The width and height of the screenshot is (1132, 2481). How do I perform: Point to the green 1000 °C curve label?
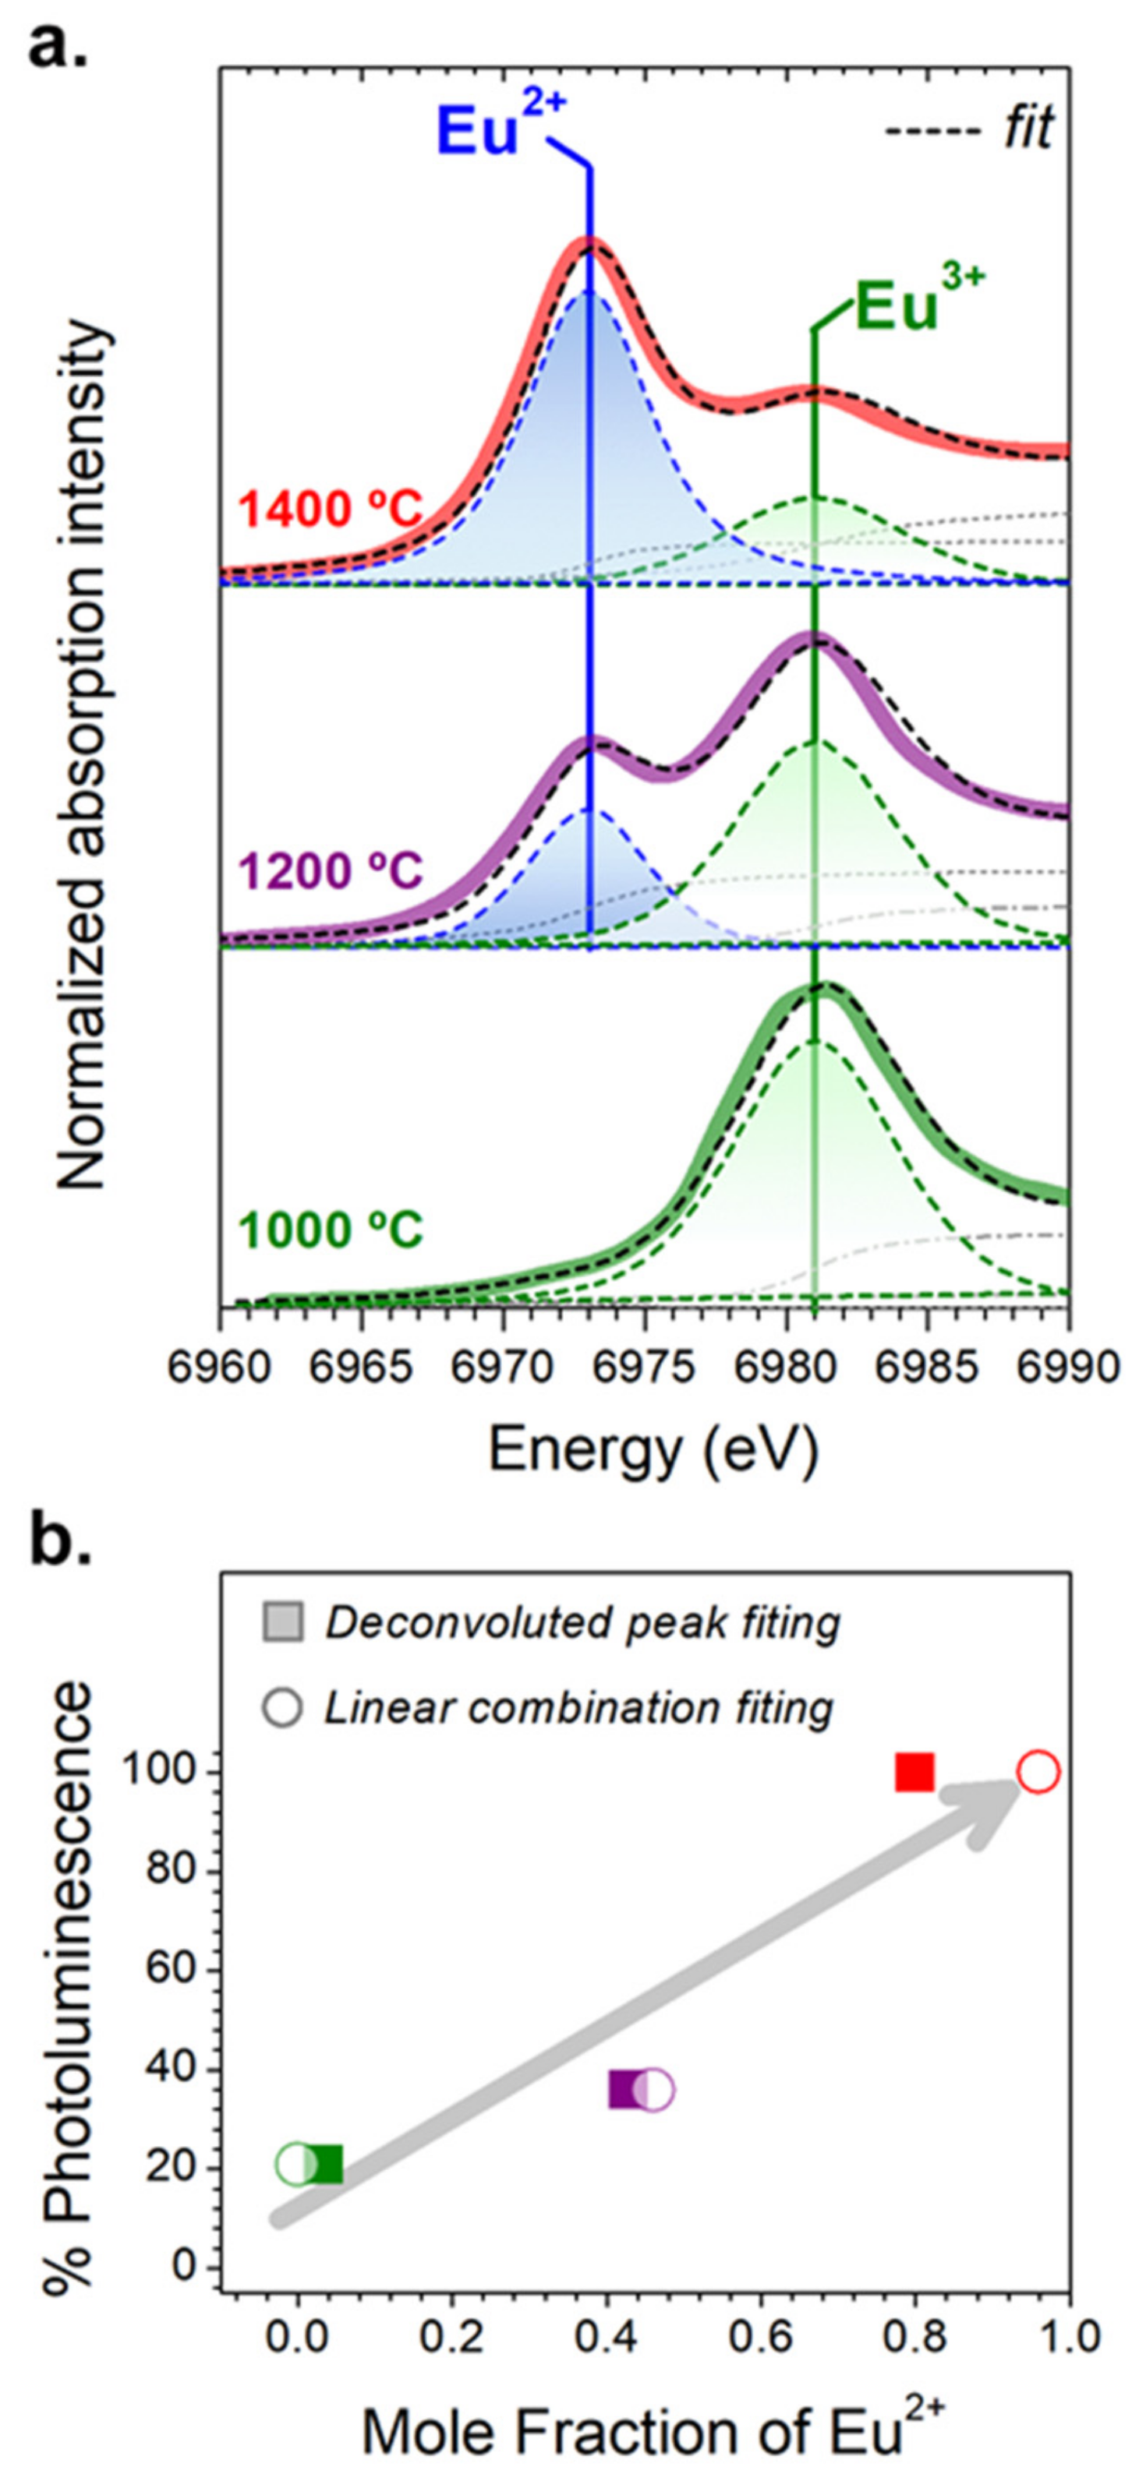click(x=331, y=1231)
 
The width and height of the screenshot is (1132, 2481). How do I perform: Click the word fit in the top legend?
click(x=1029, y=127)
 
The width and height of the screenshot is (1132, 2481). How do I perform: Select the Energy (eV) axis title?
click(x=653, y=1450)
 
